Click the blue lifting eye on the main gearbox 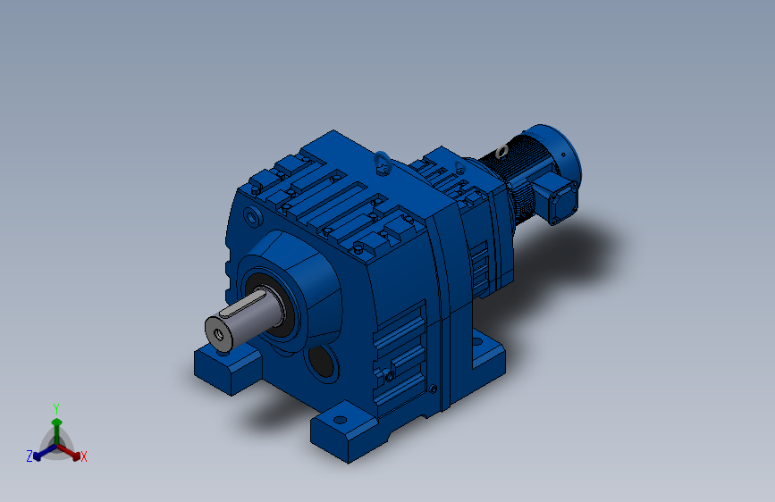click(x=383, y=162)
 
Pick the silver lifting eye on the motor click(x=501, y=151)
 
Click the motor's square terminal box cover click(x=563, y=202)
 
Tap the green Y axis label click(x=56, y=409)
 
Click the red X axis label click(x=83, y=456)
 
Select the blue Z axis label click(x=29, y=456)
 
